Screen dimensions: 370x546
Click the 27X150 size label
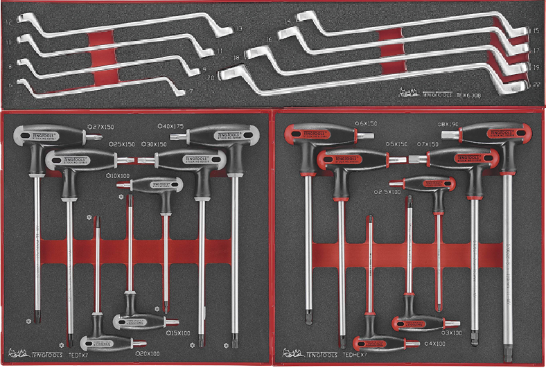coord(103,127)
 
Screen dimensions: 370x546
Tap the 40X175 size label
coord(173,127)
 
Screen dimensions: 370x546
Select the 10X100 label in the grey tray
coord(119,176)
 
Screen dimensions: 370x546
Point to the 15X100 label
coord(179,333)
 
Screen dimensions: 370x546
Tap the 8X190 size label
coord(449,123)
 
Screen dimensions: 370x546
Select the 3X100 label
coord(454,333)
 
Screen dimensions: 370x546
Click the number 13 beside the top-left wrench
coord(238,29)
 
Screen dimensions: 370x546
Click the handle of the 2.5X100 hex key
coord(428,184)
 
